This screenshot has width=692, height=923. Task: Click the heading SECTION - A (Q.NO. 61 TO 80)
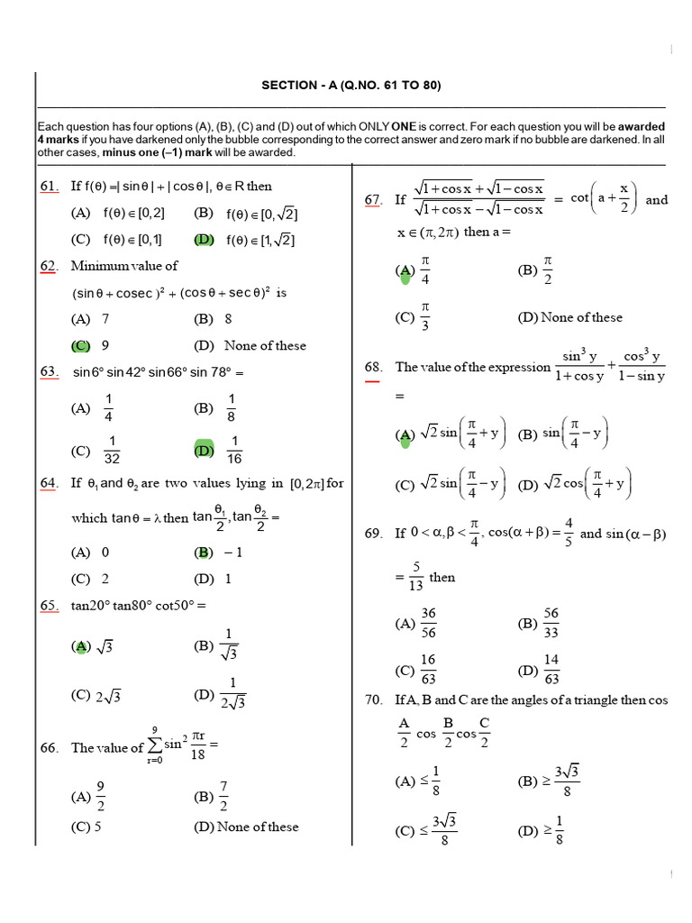point(351,86)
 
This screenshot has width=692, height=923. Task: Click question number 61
point(49,187)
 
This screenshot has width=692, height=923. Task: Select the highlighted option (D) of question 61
point(204,240)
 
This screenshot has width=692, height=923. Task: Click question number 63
point(49,372)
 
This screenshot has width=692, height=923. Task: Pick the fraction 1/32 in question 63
point(113,450)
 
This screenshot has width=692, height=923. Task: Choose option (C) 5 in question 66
point(86,827)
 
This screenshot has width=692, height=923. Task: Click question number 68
point(373,367)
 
